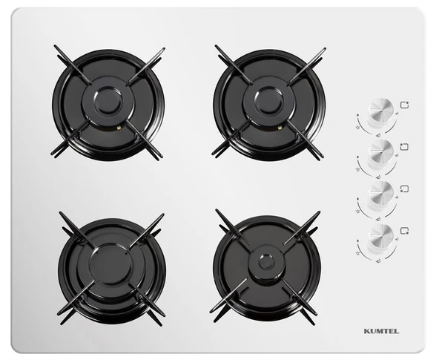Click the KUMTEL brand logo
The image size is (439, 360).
(381, 331)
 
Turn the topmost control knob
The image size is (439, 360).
(381, 110)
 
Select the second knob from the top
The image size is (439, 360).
(381, 151)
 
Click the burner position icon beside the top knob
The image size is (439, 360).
(404, 105)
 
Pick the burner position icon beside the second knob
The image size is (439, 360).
(404, 146)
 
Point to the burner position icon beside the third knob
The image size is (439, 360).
(404, 189)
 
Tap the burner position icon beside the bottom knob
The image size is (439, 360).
(404, 231)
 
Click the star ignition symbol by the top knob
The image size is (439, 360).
(357, 128)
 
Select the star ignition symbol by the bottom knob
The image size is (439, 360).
(357, 253)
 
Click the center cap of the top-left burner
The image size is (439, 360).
(108, 101)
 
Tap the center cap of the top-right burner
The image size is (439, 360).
(269, 101)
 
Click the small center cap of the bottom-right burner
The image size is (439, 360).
(266, 263)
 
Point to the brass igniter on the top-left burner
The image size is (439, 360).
(119, 128)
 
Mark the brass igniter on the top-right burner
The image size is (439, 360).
(280, 128)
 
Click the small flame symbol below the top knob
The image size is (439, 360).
(378, 135)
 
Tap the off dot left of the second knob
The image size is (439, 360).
(358, 157)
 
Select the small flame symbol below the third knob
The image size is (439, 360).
(378, 219)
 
